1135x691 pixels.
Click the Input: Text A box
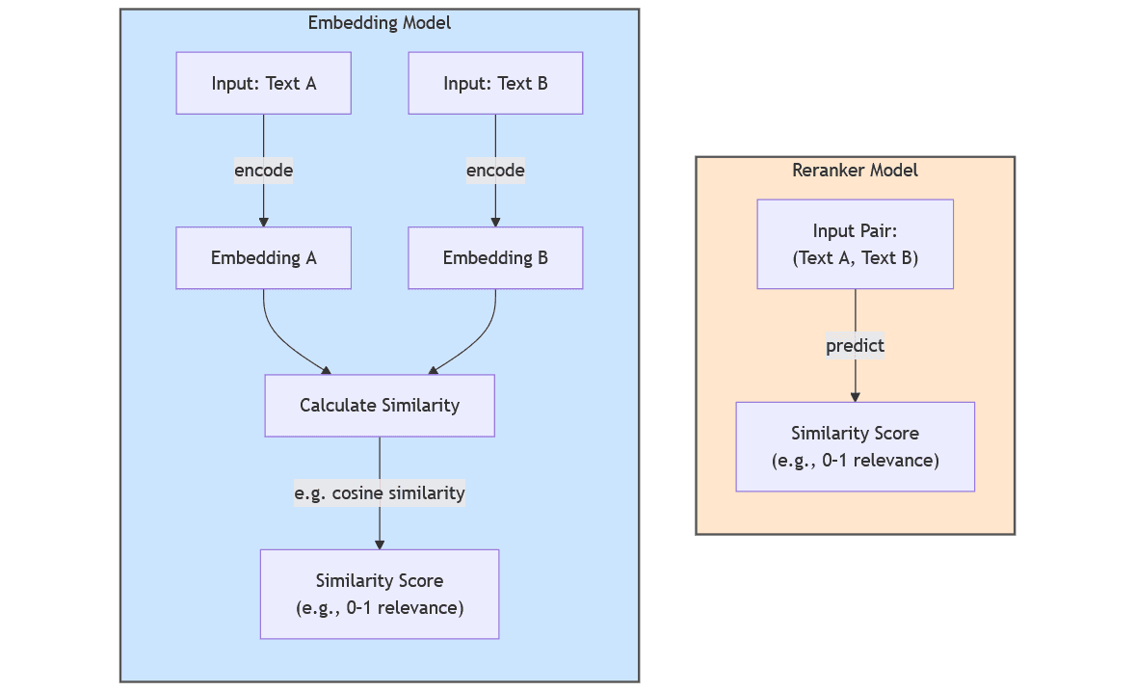(x=263, y=83)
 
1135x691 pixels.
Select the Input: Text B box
(x=495, y=83)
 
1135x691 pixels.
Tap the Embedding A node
(x=263, y=257)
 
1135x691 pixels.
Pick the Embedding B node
(x=495, y=257)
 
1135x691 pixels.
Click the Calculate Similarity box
(x=380, y=405)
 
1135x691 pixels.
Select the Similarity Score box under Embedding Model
(x=380, y=594)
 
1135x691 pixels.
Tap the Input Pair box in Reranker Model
(x=855, y=244)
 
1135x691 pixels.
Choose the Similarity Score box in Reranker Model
(x=855, y=446)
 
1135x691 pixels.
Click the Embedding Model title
(x=380, y=23)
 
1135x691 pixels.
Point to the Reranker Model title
(x=855, y=171)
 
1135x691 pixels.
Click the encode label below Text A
(x=263, y=171)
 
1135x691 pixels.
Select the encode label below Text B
(x=495, y=171)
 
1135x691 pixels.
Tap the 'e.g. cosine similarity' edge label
(x=380, y=493)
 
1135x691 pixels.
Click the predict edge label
(x=855, y=345)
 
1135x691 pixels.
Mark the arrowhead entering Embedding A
(x=263, y=222)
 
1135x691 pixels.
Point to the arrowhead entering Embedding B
(x=495, y=222)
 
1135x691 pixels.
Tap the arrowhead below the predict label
(x=855, y=396)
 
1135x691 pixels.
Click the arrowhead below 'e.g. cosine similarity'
(x=380, y=545)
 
